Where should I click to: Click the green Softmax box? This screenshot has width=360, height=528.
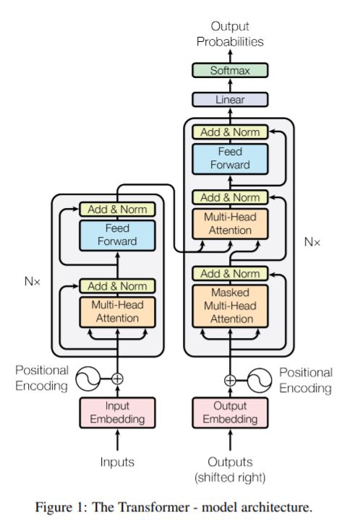(x=230, y=70)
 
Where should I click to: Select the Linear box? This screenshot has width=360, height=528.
(x=230, y=100)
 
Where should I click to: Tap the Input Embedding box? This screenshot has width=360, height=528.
(x=117, y=413)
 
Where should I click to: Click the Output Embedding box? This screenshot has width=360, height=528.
(x=230, y=413)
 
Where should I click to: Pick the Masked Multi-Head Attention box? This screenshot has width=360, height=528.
(x=230, y=306)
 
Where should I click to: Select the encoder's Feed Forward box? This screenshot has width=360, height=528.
(x=117, y=235)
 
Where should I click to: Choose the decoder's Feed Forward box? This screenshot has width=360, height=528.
(x=230, y=159)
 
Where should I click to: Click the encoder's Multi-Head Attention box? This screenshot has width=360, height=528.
(x=117, y=312)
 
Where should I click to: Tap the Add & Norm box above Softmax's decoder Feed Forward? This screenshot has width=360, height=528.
(x=230, y=132)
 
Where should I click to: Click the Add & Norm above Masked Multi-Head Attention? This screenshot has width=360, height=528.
(x=230, y=274)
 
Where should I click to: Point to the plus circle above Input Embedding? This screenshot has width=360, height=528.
(x=117, y=378)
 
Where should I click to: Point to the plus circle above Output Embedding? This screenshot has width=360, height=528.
(x=230, y=381)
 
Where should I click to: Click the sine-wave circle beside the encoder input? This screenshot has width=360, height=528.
(x=87, y=378)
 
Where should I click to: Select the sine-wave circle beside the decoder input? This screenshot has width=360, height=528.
(x=260, y=381)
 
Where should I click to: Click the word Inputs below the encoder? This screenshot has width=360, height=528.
(x=117, y=462)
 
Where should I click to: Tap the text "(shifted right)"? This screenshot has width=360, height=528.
(x=230, y=477)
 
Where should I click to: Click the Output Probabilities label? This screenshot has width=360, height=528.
(x=230, y=34)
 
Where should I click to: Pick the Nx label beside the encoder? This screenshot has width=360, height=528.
(x=33, y=281)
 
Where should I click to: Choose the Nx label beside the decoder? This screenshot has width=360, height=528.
(x=312, y=242)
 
